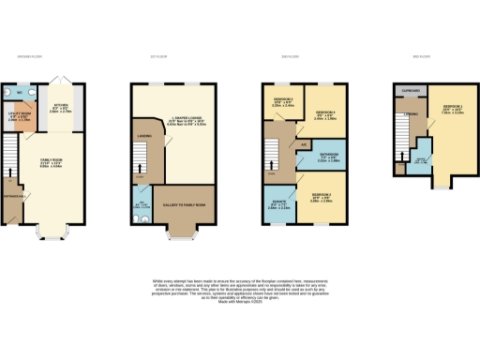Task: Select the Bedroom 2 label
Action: tap(322, 198)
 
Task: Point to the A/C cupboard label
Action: tap(305, 144)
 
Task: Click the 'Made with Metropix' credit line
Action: tap(240, 298)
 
